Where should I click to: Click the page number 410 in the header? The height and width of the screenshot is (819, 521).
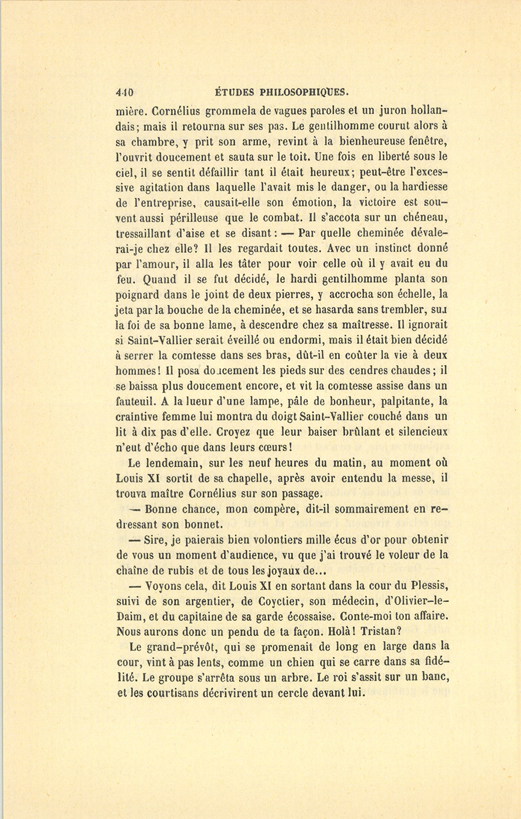tap(124, 91)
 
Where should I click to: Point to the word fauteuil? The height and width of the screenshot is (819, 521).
tap(135, 402)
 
